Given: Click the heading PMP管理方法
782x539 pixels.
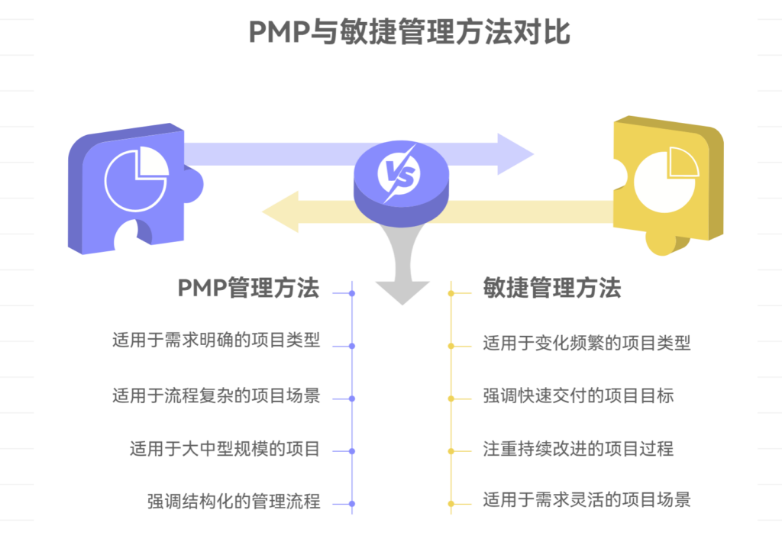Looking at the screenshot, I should pyautogui.click(x=248, y=288).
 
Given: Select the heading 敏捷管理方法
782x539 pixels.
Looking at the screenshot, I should pyautogui.click(x=552, y=288).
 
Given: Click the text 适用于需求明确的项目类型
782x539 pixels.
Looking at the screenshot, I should pyautogui.click(x=216, y=341).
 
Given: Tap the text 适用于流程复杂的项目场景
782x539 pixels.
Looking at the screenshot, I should pyautogui.click(x=216, y=395).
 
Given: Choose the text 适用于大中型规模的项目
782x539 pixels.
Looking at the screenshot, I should pyautogui.click(x=225, y=448).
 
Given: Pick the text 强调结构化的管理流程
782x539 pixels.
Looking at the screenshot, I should pyautogui.click(x=234, y=502).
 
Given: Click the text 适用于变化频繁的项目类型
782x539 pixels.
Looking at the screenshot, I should pyautogui.click(x=586, y=343).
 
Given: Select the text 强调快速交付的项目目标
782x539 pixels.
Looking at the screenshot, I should pyautogui.click(x=578, y=395).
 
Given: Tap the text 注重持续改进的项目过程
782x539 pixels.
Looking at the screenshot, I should pyautogui.click(x=578, y=448).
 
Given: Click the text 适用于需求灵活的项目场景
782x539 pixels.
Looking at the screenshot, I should pyautogui.click(x=586, y=501).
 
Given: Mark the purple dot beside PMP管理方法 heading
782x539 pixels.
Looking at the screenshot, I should pyautogui.click(x=352, y=293).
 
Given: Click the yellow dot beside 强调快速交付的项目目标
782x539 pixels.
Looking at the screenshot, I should pyautogui.click(x=451, y=399).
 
